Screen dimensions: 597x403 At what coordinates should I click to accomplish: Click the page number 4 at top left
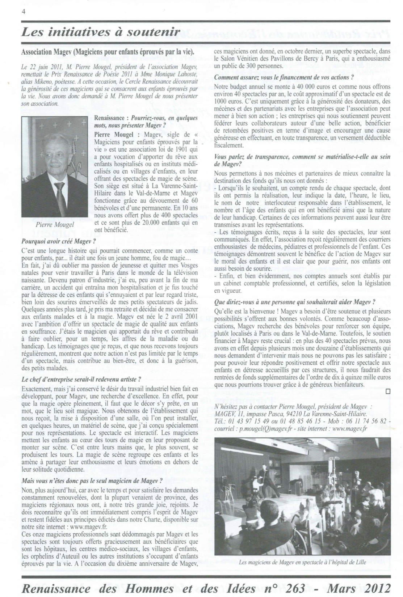click(x=24, y=11)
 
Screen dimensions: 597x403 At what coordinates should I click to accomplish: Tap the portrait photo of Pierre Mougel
click(x=55, y=166)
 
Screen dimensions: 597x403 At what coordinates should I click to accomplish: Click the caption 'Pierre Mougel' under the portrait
click(x=55, y=224)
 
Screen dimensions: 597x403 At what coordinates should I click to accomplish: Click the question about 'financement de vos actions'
click(x=284, y=77)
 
